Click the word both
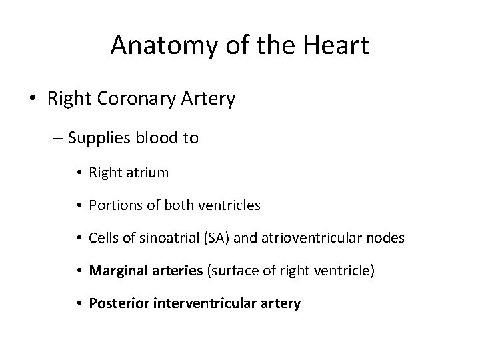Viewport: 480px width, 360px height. (189, 205)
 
